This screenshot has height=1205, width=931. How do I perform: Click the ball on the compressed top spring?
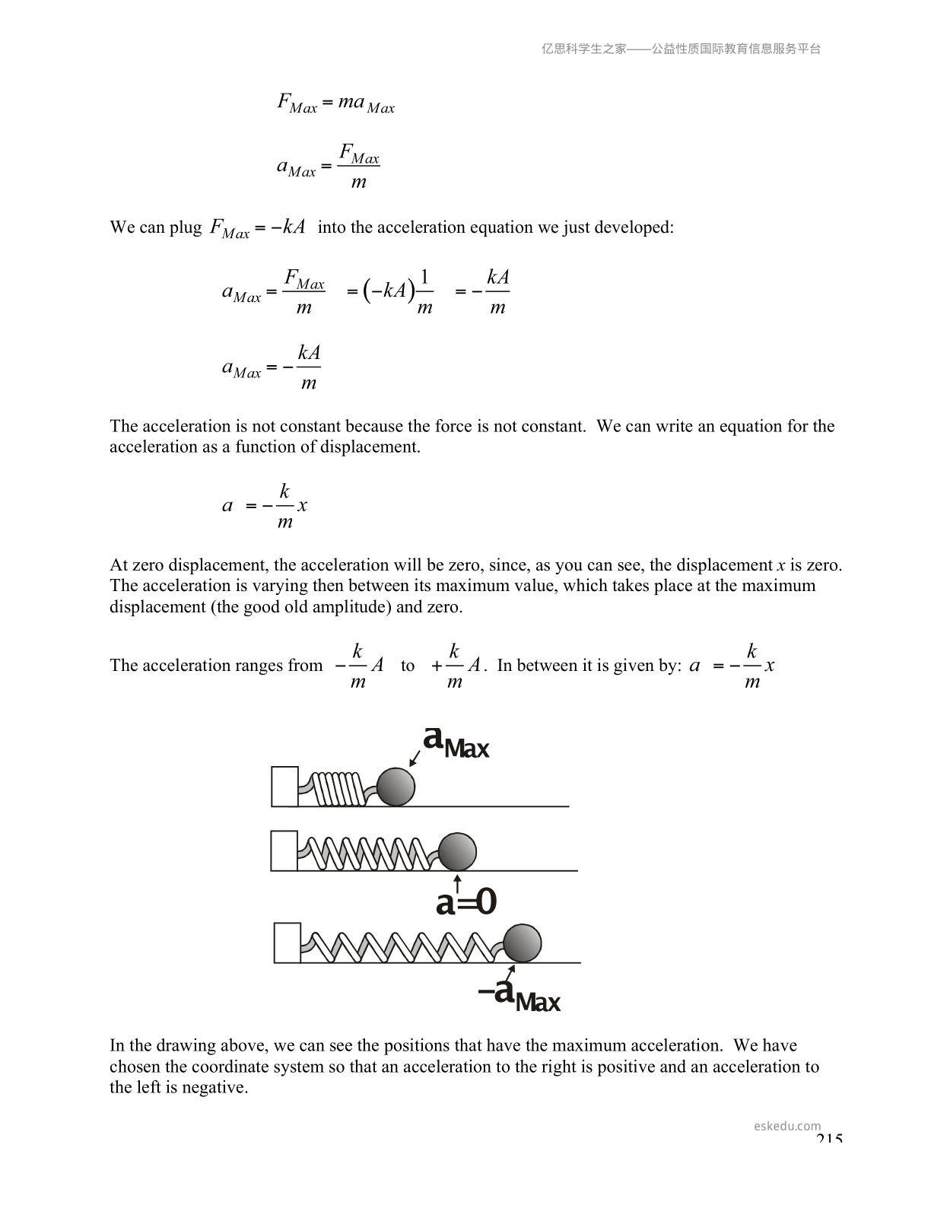396,787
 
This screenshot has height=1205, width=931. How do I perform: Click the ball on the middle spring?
457,851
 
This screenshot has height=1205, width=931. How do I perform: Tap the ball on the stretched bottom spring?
523,943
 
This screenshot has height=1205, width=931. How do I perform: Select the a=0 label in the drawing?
466,903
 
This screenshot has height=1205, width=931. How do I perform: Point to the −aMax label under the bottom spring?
520,995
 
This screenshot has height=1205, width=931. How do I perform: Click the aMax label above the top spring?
455,741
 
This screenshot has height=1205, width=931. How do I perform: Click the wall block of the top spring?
284,787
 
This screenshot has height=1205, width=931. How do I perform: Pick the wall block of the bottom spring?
287,943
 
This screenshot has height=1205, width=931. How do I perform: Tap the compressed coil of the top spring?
338,789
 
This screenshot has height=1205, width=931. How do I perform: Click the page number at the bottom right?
829,1139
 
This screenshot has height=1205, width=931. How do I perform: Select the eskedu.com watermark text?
787,1126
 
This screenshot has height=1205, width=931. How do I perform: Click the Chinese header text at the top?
681,49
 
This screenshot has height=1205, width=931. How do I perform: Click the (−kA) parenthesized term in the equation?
389,290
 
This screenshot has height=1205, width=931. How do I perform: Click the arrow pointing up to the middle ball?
458,882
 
